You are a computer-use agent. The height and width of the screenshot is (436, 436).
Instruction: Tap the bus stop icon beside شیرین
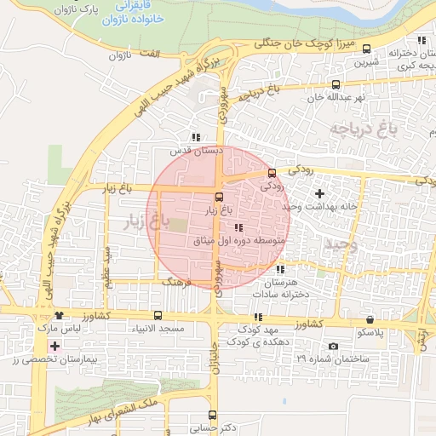366,49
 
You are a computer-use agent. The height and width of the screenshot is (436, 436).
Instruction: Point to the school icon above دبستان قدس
197,137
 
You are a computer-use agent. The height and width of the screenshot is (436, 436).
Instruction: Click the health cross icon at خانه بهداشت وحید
319,194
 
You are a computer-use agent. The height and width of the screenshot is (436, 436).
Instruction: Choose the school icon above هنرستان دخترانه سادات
281,269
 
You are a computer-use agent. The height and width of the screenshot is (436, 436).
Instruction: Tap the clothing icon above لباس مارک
58,316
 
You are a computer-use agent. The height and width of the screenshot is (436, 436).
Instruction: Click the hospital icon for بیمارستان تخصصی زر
55,347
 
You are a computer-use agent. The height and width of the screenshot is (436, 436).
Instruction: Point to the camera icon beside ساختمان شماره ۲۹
332,346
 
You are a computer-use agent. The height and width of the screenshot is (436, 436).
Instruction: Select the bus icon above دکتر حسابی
212,415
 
